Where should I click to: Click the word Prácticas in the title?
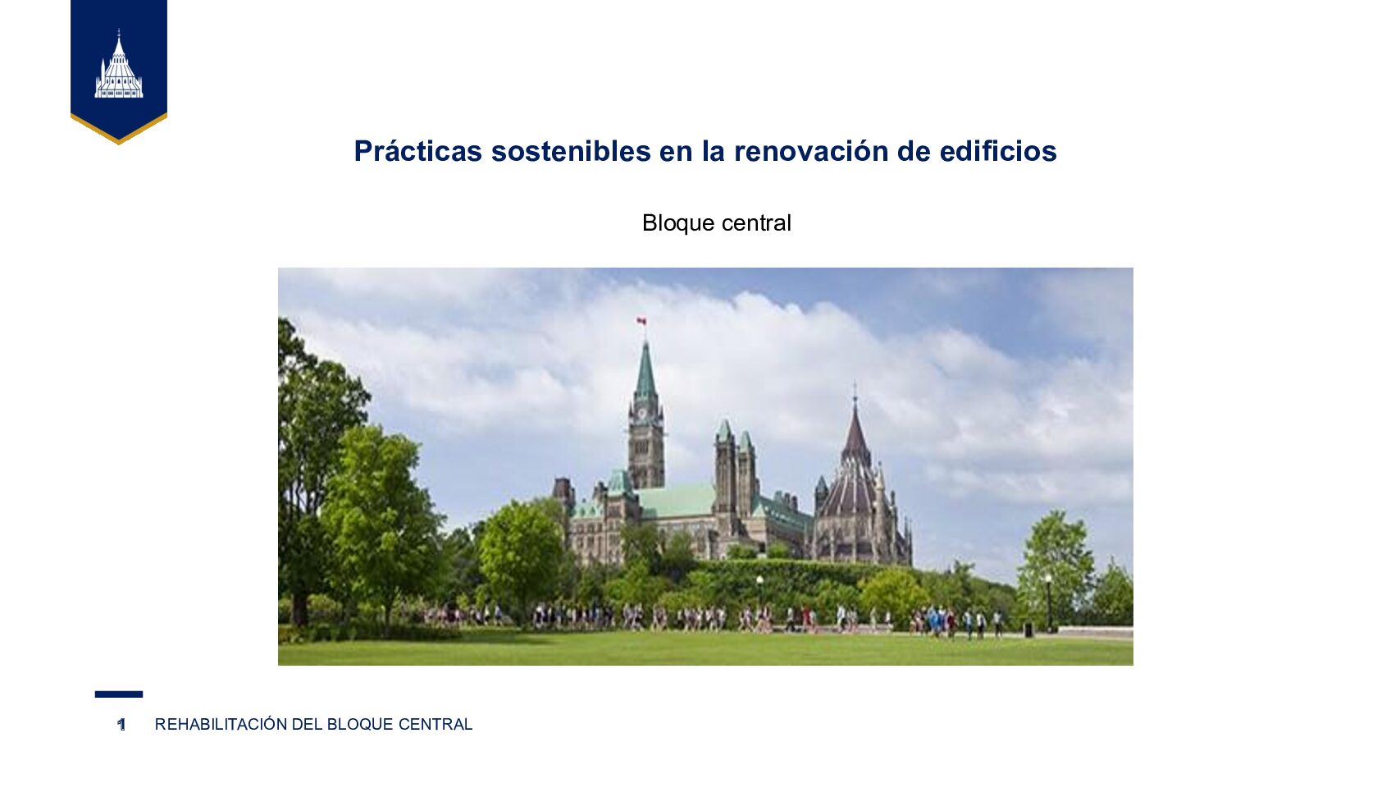(418, 151)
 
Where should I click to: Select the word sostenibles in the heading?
(572, 151)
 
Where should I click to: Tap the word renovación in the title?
(810, 151)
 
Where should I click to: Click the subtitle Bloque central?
(716, 222)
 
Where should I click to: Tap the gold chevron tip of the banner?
(119, 143)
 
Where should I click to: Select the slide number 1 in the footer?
(121, 724)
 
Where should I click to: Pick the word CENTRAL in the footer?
(435, 724)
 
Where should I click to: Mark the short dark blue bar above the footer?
(119, 694)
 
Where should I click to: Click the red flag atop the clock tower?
(641, 322)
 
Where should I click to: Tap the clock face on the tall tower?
(642, 414)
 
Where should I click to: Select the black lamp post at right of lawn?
(1049, 603)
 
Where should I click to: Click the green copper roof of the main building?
(676, 501)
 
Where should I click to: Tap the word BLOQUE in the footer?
(360, 724)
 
